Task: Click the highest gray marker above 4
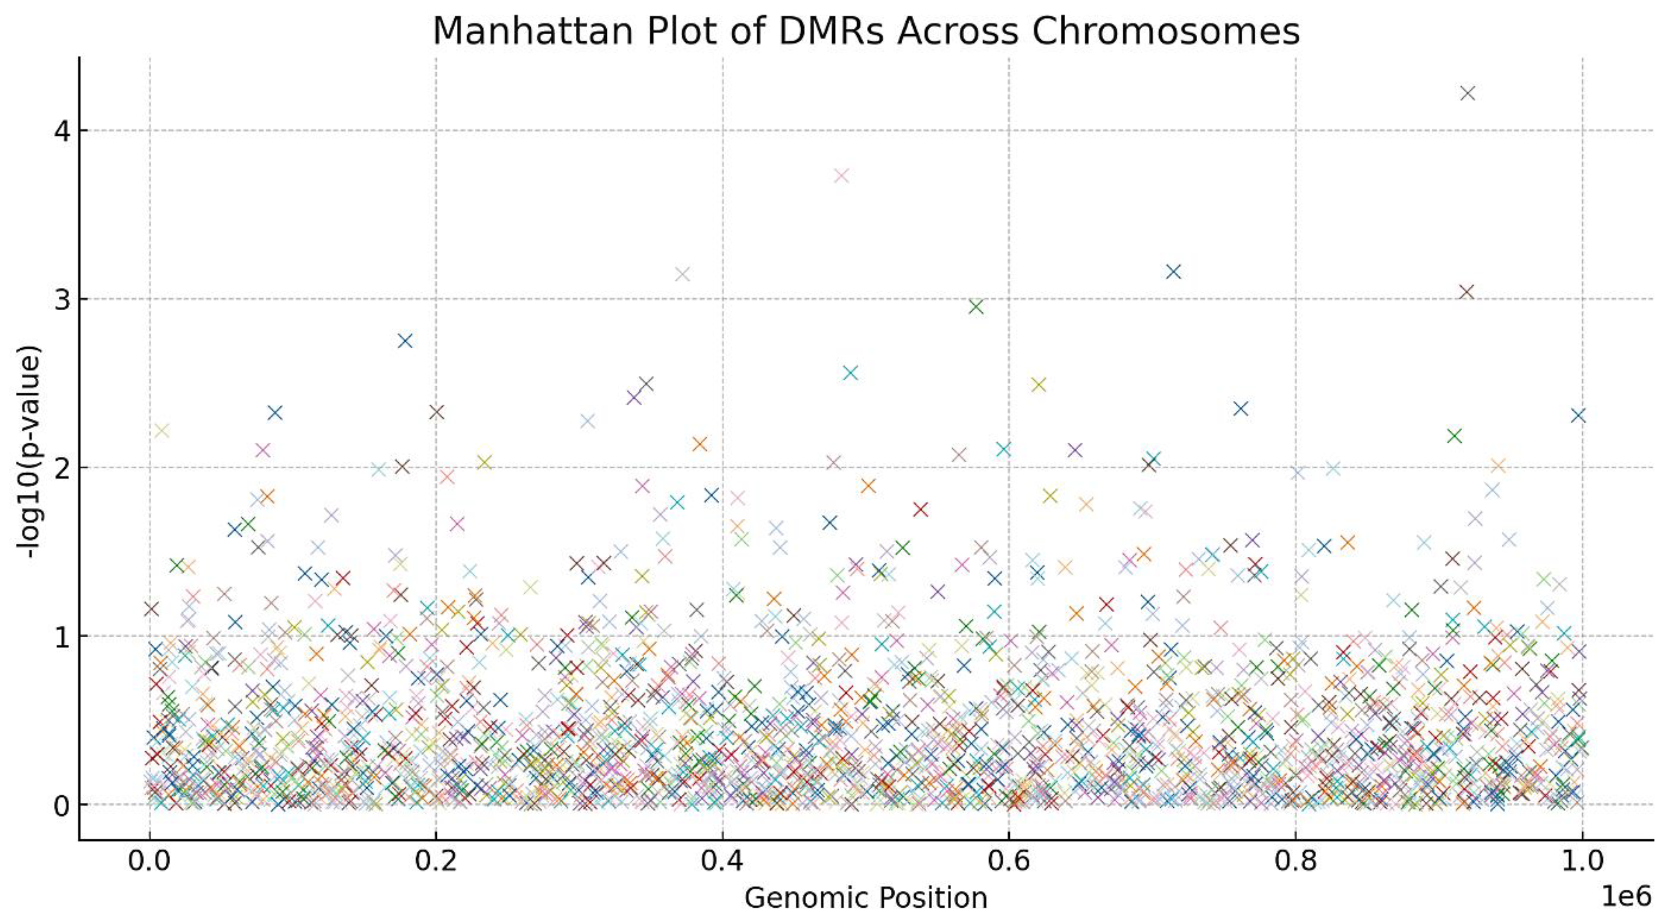pos(1467,94)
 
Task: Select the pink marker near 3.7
pos(841,175)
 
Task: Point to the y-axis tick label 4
pos(62,131)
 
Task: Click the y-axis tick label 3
pos(62,300)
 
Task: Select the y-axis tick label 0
pos(62,805)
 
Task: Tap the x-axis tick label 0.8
pos(1295,861)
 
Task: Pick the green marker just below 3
pos(975,307)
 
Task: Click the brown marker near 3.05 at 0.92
pos(1466,292)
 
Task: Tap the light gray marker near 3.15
pos(682,274)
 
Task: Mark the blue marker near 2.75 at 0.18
pos(405,341)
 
